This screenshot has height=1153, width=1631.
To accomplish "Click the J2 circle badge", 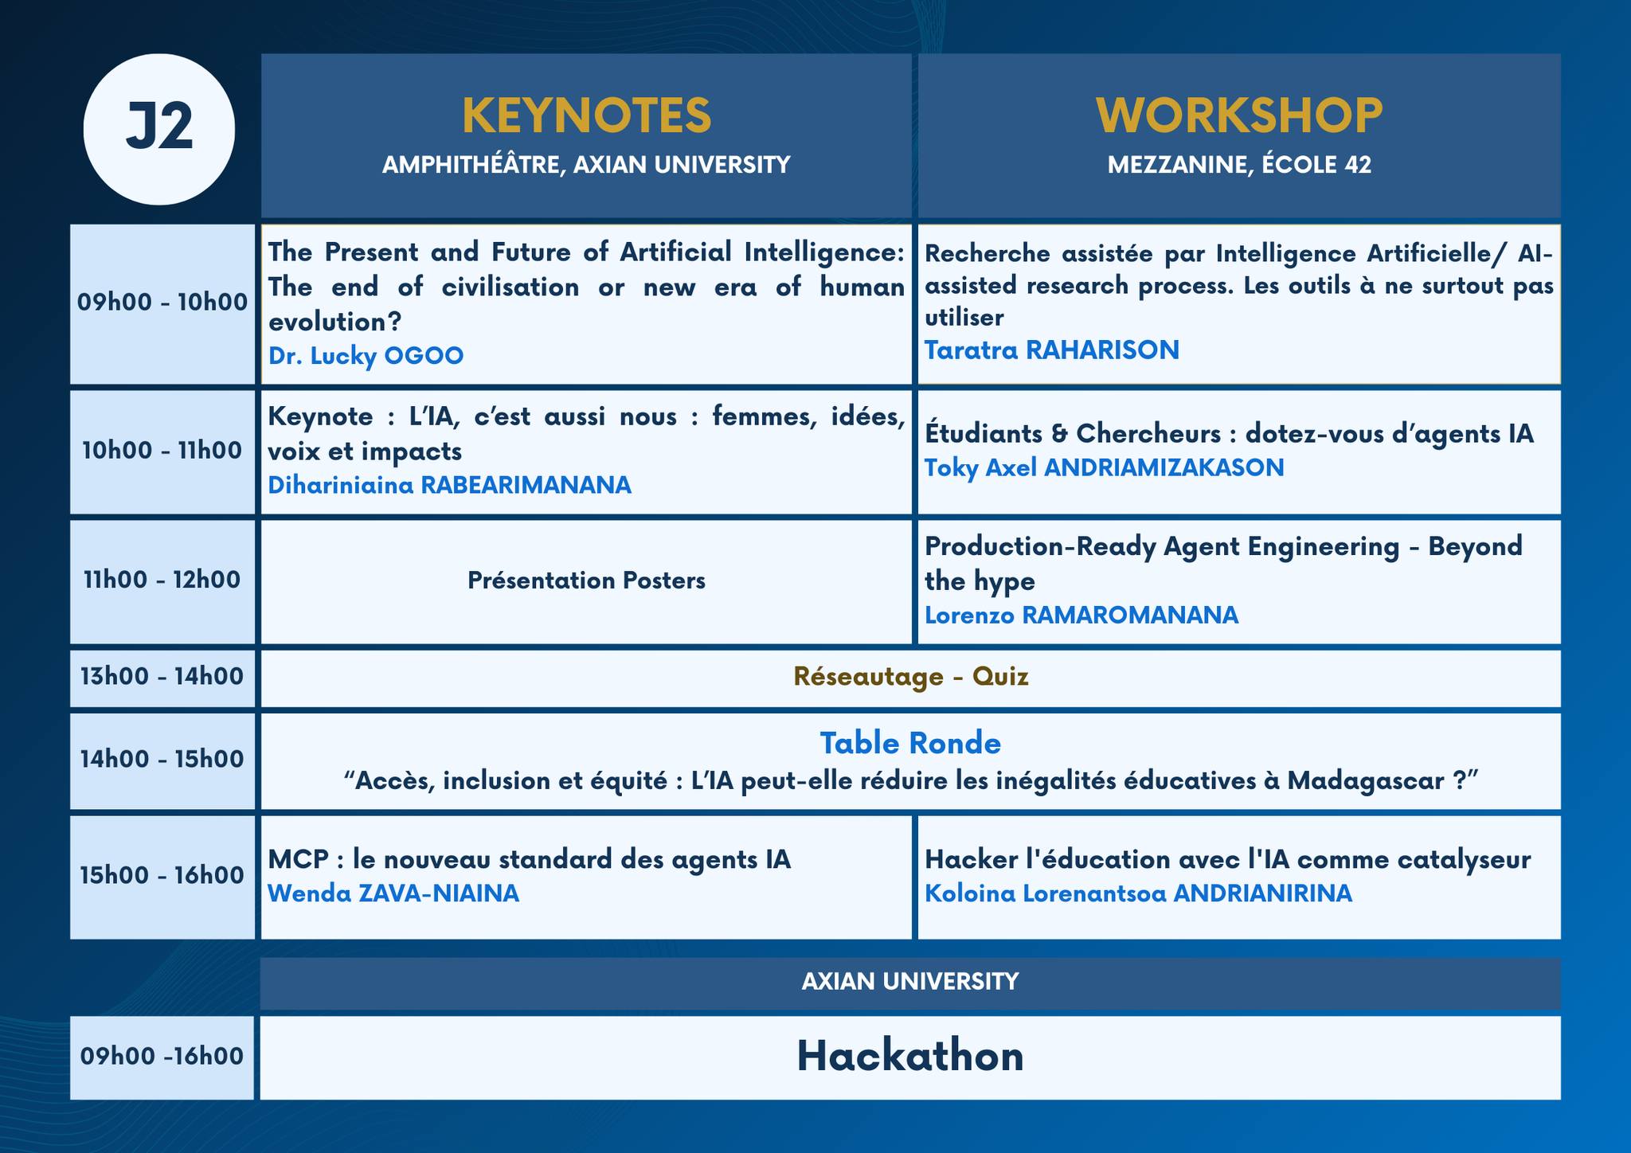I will click(x=159, y=129).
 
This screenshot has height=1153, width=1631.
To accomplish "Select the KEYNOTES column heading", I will click(x=586, y=115).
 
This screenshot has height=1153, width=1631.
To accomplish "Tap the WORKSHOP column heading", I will click(x=1239, y=115).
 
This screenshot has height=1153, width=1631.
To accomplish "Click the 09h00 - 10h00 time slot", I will click(x=162, y=303).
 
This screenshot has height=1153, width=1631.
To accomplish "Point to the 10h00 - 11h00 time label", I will click(x=162, y=451).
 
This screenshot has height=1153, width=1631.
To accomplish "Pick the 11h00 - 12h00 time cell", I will click(x=162, y=580).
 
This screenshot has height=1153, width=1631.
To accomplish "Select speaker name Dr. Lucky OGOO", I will click(x=366, y=355).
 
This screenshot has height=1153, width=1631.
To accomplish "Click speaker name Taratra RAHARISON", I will click(x=1051, y=350).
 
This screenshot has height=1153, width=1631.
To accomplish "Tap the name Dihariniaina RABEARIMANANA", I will click(x=449, y=485).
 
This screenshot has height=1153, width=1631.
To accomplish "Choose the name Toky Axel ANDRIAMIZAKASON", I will click(x=1104, y=467).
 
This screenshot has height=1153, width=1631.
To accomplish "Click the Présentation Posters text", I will click(x=586, y=580).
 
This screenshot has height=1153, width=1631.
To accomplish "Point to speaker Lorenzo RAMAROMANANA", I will click(x=1081, y=616).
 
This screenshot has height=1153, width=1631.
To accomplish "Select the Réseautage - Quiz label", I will click(x=910, y=677).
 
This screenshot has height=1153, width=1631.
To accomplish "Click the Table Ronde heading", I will click(x=910, y=743).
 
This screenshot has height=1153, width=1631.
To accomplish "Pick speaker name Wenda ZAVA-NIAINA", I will click(x=393, y=893).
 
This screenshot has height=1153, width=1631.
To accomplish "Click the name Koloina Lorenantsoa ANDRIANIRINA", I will click(x=1138, y=893).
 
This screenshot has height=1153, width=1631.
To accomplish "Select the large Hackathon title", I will click(x=910, y=1057).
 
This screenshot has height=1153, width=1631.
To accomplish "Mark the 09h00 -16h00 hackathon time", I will click(x=162, y=1057).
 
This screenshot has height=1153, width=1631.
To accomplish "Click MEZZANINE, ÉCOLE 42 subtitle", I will click(x=1239, y=165).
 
